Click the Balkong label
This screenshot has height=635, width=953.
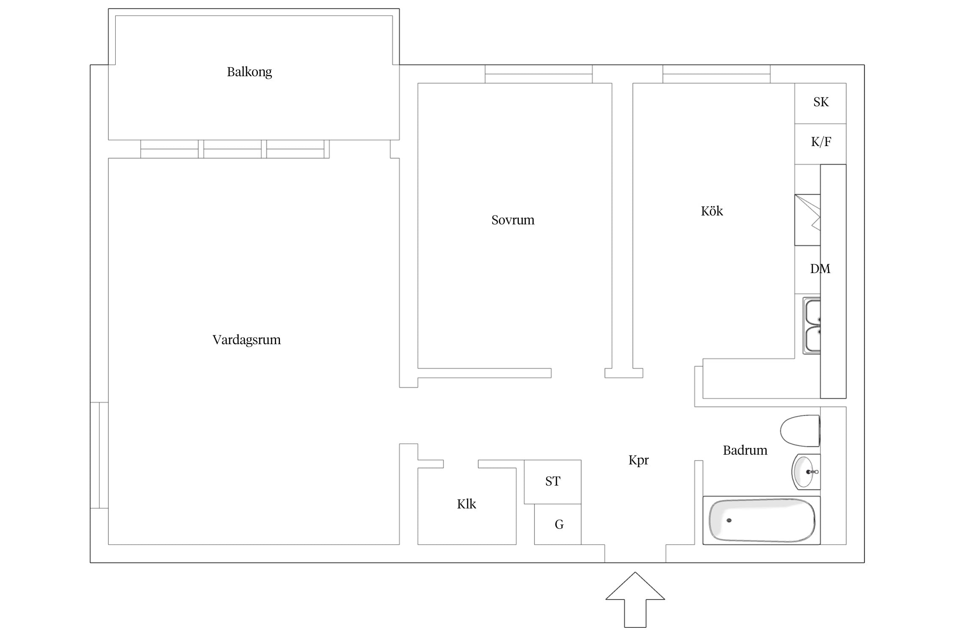[x=249, y=72]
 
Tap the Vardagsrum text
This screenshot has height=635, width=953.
[x=247, y=340]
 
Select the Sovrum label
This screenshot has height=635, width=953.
[x=513, y=220]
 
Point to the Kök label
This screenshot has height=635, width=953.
[x=712, y=211]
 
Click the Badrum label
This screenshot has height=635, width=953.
[x=745, y=450]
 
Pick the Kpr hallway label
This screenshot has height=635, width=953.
[x=639, y=460]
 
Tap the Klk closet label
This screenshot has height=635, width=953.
[x=466, y=504]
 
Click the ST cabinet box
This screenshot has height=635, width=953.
[x=553, y=482]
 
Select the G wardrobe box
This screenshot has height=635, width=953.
[x=558, y=524]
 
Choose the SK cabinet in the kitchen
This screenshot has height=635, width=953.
[x=820, y=103]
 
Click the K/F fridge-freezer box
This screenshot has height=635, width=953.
[x=820, y=144]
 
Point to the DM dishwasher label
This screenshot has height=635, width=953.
[x=820, y=269]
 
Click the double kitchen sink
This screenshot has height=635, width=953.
[x=812, y=326]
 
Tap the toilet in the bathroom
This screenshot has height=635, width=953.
[x=800, y=431]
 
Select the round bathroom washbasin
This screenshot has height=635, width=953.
[x=806, y=472]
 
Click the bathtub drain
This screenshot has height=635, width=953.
[x=729, y=520]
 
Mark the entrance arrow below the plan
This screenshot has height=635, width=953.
[x=635, y=599]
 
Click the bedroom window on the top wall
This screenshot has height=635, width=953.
[x=538, y=74]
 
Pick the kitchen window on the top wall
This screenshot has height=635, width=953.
[x=716, y=74]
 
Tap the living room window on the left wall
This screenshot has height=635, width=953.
[x=99, y=455]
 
